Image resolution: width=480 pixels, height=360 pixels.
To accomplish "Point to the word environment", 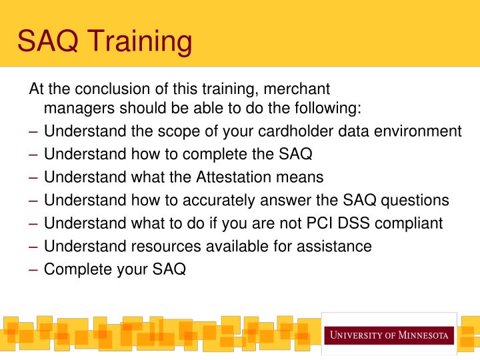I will point(421,131).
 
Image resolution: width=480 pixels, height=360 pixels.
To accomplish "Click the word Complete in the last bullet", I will point(74,269).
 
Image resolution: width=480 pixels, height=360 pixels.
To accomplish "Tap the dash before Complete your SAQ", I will point(34,269).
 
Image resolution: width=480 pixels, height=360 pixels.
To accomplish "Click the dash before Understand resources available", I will point(34,246).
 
